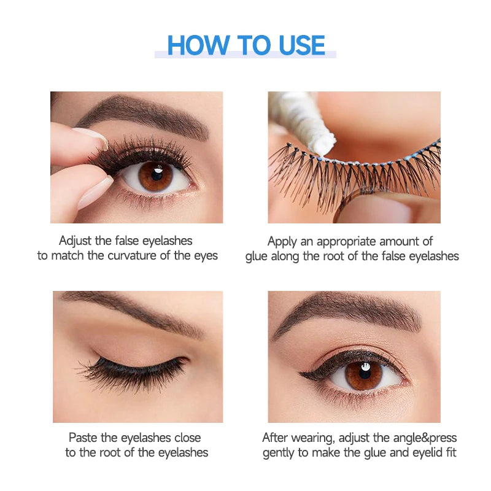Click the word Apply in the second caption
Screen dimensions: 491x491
click(x=283, y=241)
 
